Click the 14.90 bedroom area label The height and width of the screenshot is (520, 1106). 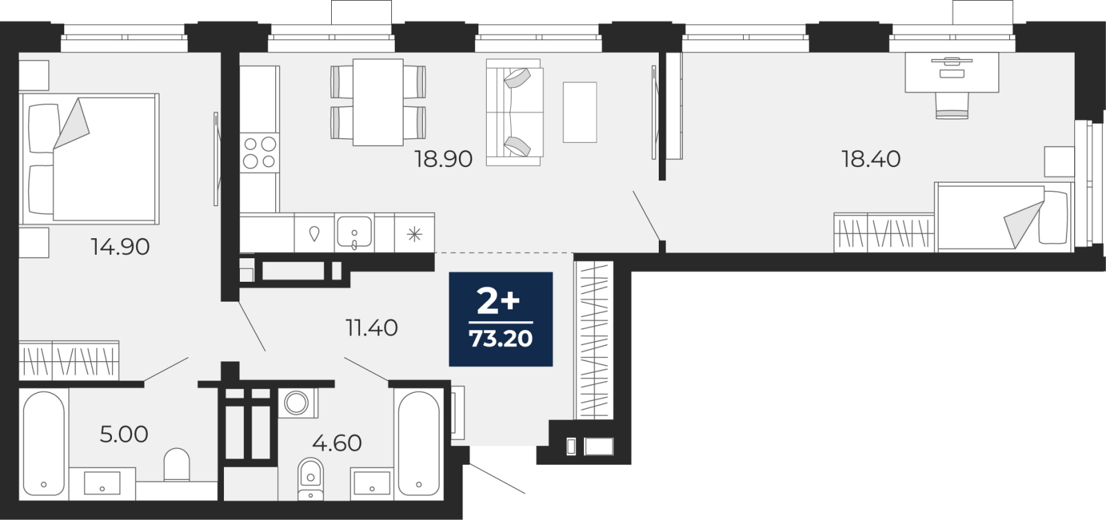(x=120, y=247)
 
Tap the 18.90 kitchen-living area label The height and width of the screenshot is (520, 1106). (x=443, y=159)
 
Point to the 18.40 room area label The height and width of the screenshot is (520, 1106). (x=871, y=159)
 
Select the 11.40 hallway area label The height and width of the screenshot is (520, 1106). (x=371, y=327)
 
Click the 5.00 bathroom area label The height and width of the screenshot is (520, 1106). (x=124, y=434)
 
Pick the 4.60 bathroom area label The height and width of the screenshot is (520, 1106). (x=337, y=443)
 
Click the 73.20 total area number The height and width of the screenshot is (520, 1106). (x=500, y=339)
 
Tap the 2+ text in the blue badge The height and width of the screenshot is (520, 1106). (x=498, y=302)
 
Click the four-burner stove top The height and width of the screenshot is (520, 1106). (x=260, y=153)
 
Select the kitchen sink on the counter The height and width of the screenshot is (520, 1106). (x=354, y=232)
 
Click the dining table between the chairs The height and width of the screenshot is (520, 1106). (x=378, y=102)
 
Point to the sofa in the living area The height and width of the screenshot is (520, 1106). (x=514, y=113)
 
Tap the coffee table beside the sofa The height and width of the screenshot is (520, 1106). (x=580, y=113)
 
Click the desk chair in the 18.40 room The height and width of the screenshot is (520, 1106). (x=952, y=106)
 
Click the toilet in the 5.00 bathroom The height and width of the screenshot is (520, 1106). (x=177, y=464)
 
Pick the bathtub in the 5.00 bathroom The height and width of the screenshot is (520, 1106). (x=44, y=443)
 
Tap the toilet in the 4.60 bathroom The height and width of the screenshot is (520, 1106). (x=310, y=479)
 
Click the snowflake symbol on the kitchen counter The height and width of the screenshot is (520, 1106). (x=414, y=234)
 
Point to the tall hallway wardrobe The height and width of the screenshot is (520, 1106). (x=594, y=340)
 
